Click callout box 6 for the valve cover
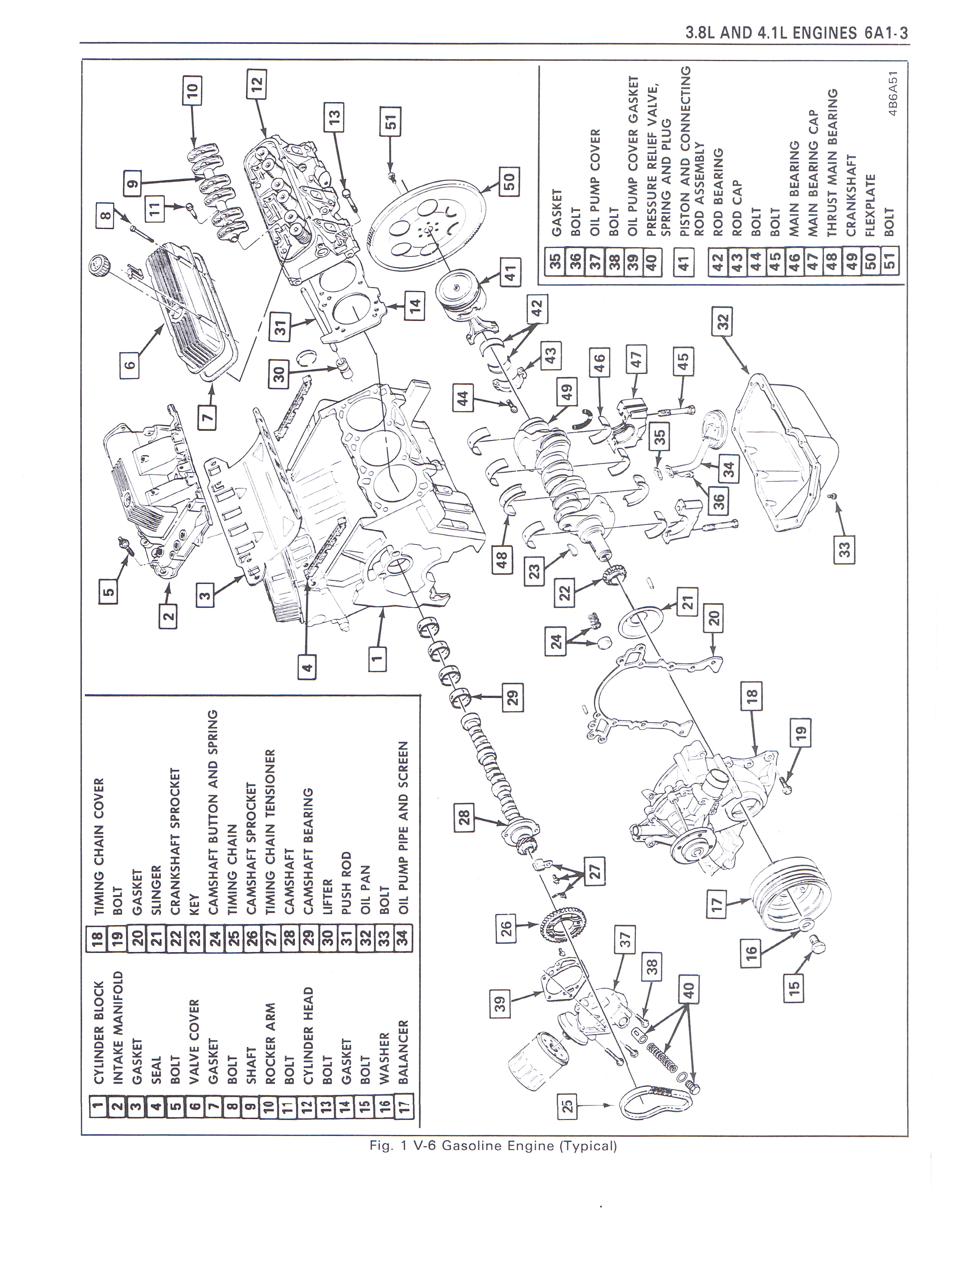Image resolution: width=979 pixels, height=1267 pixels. coord(131,364)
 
